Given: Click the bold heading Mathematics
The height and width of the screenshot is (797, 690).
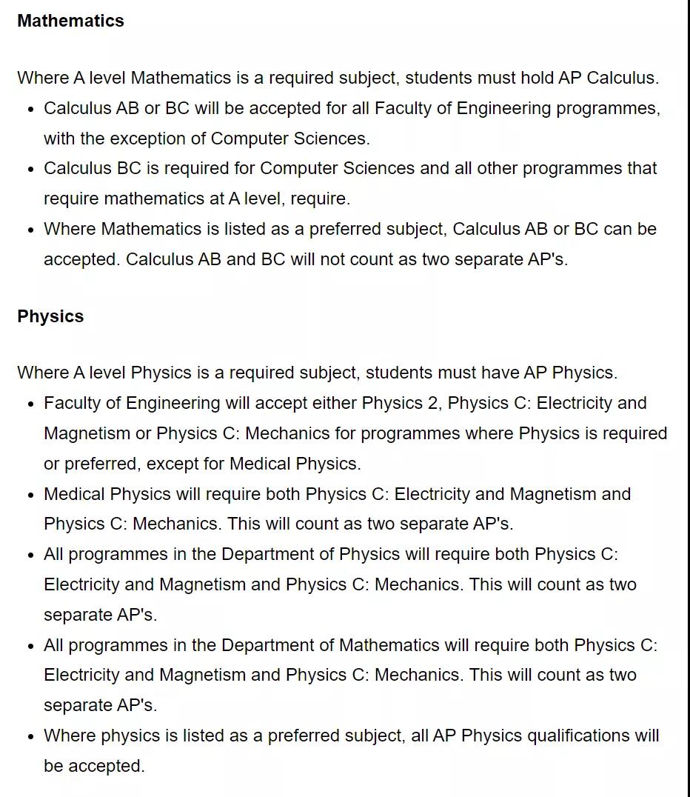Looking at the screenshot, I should (70, 21).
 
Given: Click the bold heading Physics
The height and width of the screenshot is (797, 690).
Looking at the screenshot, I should (50, 316).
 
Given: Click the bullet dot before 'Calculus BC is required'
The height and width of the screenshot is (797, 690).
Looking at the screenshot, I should (30, 169).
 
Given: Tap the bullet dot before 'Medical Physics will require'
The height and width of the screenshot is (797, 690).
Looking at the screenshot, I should (30, 495).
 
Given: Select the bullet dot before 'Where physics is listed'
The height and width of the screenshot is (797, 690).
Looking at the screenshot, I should (30, 736).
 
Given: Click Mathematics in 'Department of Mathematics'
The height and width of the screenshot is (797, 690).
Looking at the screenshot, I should (389, 645).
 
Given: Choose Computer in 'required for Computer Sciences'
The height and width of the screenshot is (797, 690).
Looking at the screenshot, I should (296, 168).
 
